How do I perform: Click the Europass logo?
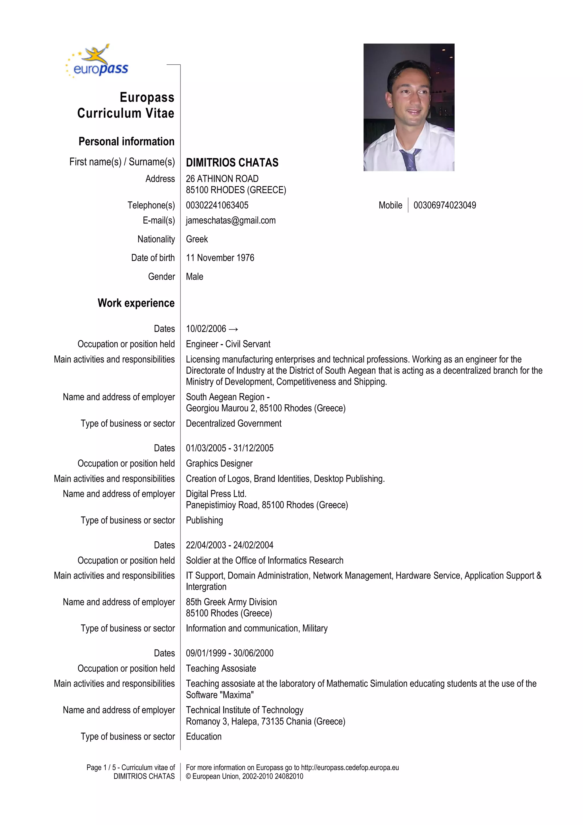point(97,62)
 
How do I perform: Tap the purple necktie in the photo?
point(410,159)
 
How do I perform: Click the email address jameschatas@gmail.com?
point(231,221)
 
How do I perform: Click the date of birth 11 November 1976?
point(220,258)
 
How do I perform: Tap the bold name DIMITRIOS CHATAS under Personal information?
point(232,163)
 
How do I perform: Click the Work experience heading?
point(136,303)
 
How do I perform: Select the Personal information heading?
point(126,142)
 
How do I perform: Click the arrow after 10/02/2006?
point(233,329)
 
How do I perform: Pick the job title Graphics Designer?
point(219,464)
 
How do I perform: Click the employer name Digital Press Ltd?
point(216,494)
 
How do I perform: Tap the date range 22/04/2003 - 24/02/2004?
point(229,545)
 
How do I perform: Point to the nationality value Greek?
point(197,239)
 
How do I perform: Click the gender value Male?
point(194,277)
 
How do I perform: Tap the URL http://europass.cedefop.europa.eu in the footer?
point(350,767)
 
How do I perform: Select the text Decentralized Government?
point(233,424)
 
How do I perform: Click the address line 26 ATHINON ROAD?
point(222,179)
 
